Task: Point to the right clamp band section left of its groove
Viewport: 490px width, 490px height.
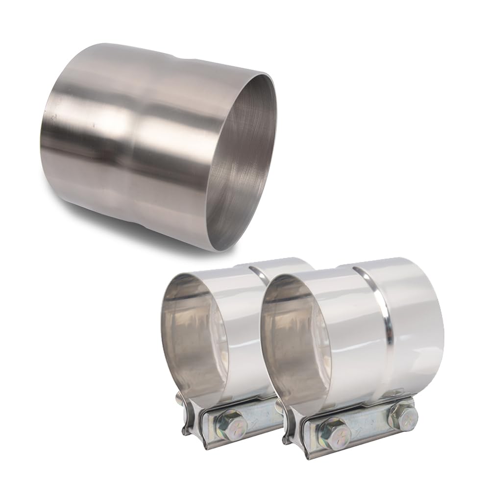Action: (x=343, y=333)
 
